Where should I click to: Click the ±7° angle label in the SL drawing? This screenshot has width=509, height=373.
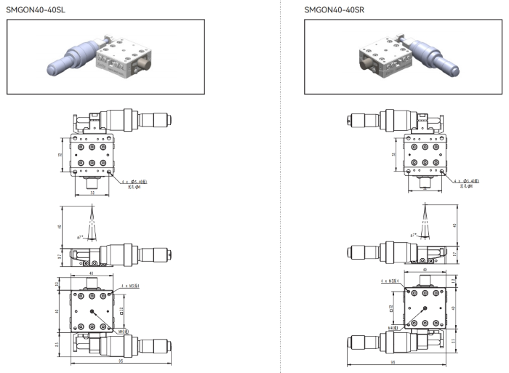point(79,236)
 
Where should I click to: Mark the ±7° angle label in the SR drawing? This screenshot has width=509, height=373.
point(413,236)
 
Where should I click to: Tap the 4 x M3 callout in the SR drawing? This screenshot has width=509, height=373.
point(390,280)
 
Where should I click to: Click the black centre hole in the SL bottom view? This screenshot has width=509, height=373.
point(95,310)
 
